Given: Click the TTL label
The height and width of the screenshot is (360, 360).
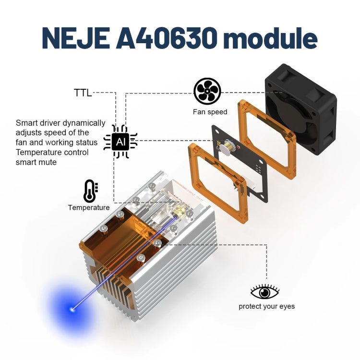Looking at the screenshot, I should click(x=83, y=93).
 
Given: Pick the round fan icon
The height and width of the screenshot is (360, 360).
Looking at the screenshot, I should click(x=207, y=91).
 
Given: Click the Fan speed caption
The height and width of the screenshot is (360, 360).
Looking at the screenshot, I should click(x=210, y=112).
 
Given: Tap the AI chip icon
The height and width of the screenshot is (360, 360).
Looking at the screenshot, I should click(x=120, y=141).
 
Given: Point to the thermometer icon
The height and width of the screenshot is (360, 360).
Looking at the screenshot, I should click(x=90, y=191).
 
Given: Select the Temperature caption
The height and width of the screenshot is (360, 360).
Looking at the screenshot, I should click(x=88, y=208).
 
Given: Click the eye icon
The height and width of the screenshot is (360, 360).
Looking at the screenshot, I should click(x=265, y=292).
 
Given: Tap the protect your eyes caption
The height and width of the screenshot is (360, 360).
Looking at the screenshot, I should click(x=266, y=306).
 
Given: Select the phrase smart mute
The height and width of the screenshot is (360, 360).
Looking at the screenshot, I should click(x=36, y=162).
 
